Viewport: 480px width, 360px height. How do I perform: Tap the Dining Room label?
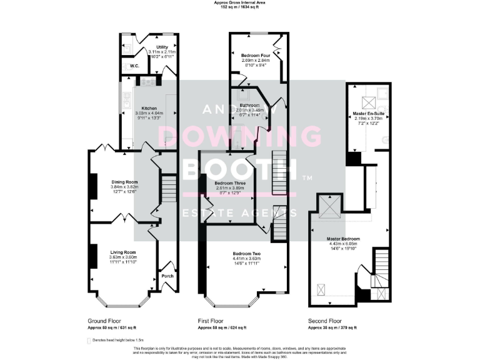click(124, 182)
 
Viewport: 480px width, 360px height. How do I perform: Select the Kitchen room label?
click(149, 107)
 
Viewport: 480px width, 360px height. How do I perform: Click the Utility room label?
click(162, 46)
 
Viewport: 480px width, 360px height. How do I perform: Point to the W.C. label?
click(134, 66)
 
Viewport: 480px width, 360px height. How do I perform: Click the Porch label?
click(167, 276)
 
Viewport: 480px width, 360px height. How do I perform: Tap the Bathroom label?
click(249, 105)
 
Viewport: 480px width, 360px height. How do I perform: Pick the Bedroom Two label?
click(246, 253)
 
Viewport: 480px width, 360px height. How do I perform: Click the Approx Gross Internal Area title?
click(240, 3)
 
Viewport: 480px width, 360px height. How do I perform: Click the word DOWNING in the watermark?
click(240, 137)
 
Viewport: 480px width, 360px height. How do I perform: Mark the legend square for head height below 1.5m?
click(87, 340)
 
